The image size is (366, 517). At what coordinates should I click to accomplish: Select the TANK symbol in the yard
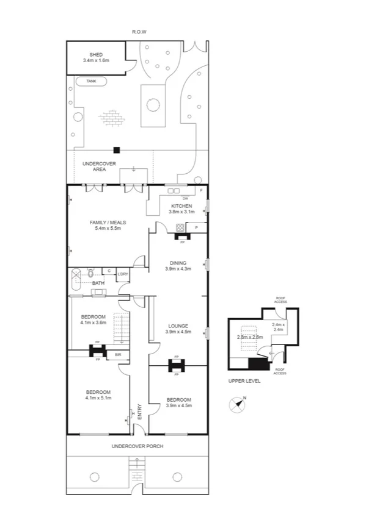pyautogui.click(x=91, y=80)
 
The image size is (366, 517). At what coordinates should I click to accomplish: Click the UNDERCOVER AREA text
pyautogui.click(x=95, y=166)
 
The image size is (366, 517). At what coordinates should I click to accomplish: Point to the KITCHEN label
pyautogui.click(x=182, y=206)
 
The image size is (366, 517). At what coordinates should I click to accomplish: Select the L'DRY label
pyautogui.click(x=123, y=274)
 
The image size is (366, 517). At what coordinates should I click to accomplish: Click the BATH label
pyautogui.click(x=98, y=283)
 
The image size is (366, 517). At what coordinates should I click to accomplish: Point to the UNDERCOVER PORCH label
pyautogui.click(x=137, y=446)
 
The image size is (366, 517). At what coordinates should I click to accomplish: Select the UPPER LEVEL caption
pyautogui.click(x=245, y=380)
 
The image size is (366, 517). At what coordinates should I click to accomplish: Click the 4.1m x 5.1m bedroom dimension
pyautogui.click(x=98, y=398)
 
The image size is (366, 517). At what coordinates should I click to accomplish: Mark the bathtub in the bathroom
pyautogui.click(x=76, y=279)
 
